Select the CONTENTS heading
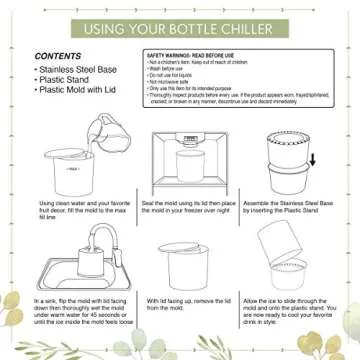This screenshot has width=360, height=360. click(58, 56)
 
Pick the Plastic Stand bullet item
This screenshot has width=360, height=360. click(62, 80)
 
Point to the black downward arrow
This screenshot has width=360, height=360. click(312, 160)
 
